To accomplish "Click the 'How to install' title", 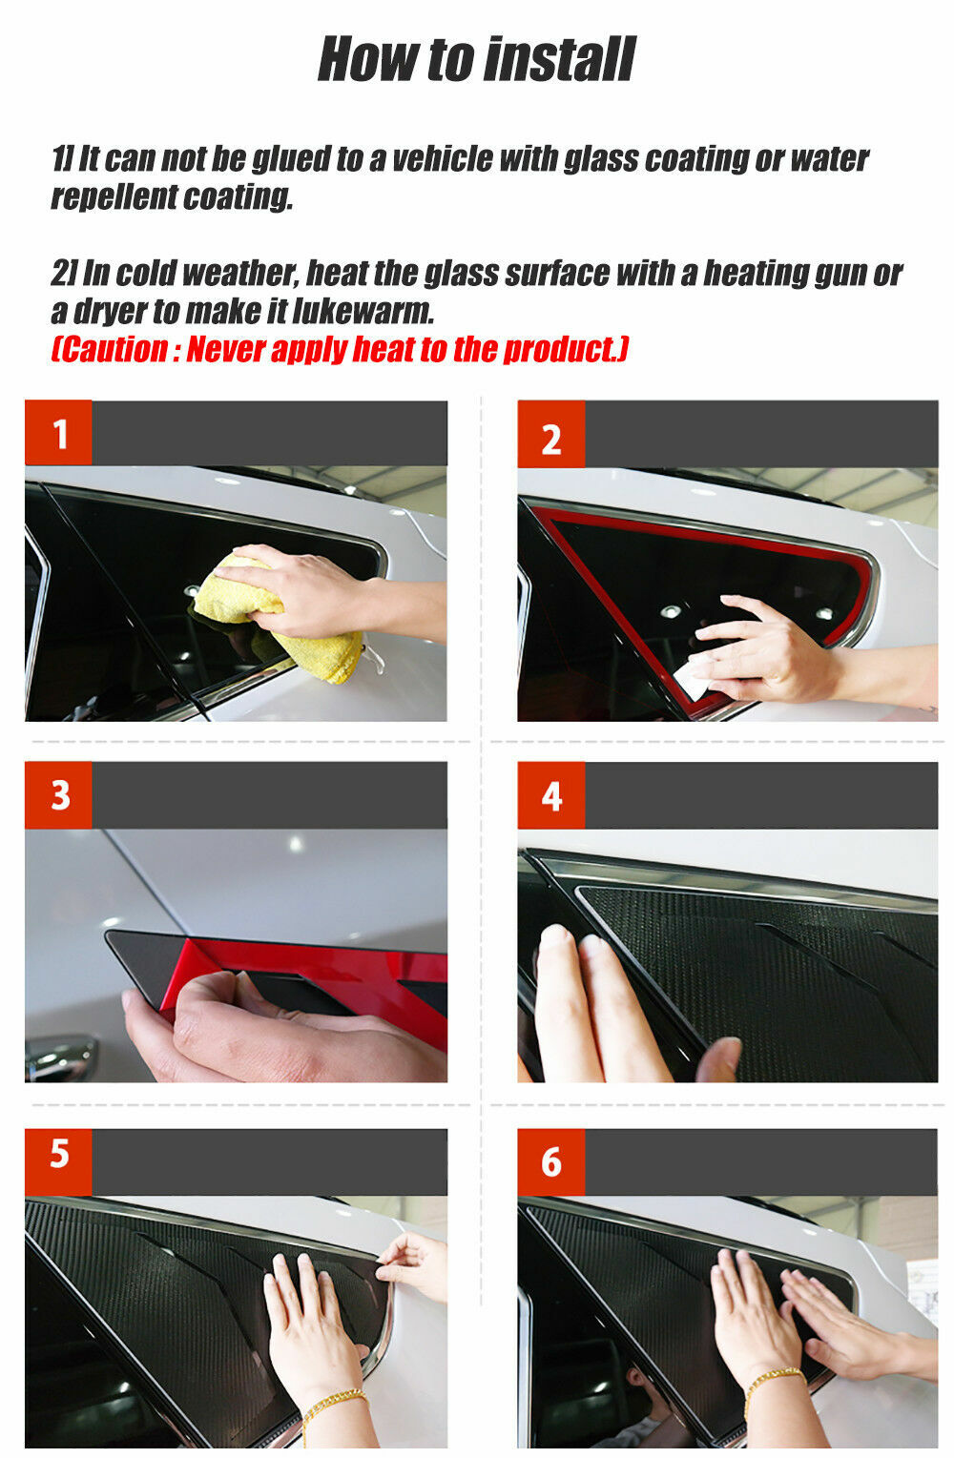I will click(x=476, y=59).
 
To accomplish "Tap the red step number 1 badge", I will click(x=59, y=434).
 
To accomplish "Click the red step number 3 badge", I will click(x=59, y=795).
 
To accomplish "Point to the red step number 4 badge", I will click(x=551, y=795).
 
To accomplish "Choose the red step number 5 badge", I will click(x=59, y=1155).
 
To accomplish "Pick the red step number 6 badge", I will click(x=551, y=1161).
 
